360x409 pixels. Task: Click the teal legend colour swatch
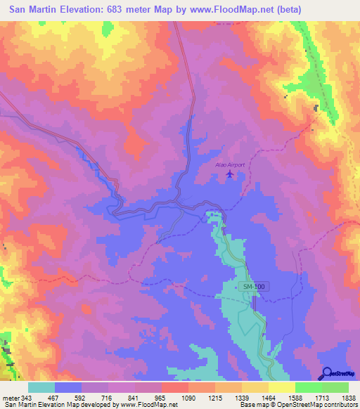pyautogui.click(x=41, y=387)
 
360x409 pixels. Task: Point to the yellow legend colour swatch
pyautogui.click(x=282, y=387)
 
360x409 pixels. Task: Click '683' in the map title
pyautogui.click(x=114, y=11)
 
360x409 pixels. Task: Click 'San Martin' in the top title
pyautogui.click(x=32, y=11)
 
